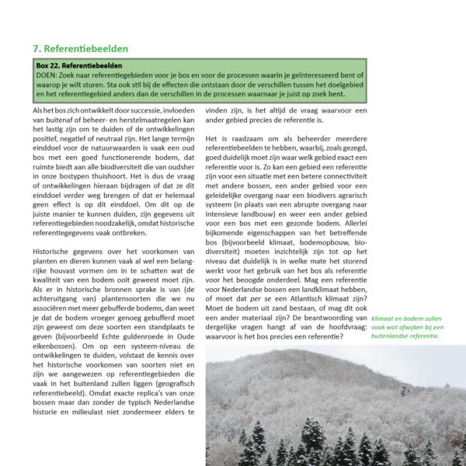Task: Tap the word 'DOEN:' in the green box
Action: [49, 76]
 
